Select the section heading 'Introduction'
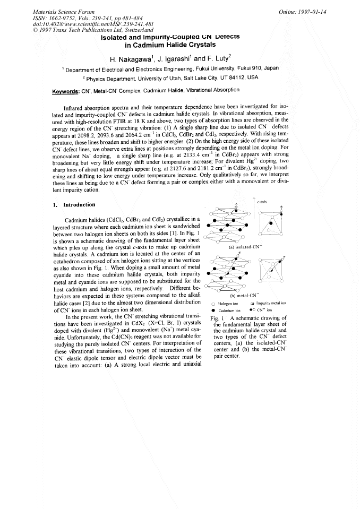[x=80, y=204]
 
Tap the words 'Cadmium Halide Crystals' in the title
[x=170, y=45]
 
